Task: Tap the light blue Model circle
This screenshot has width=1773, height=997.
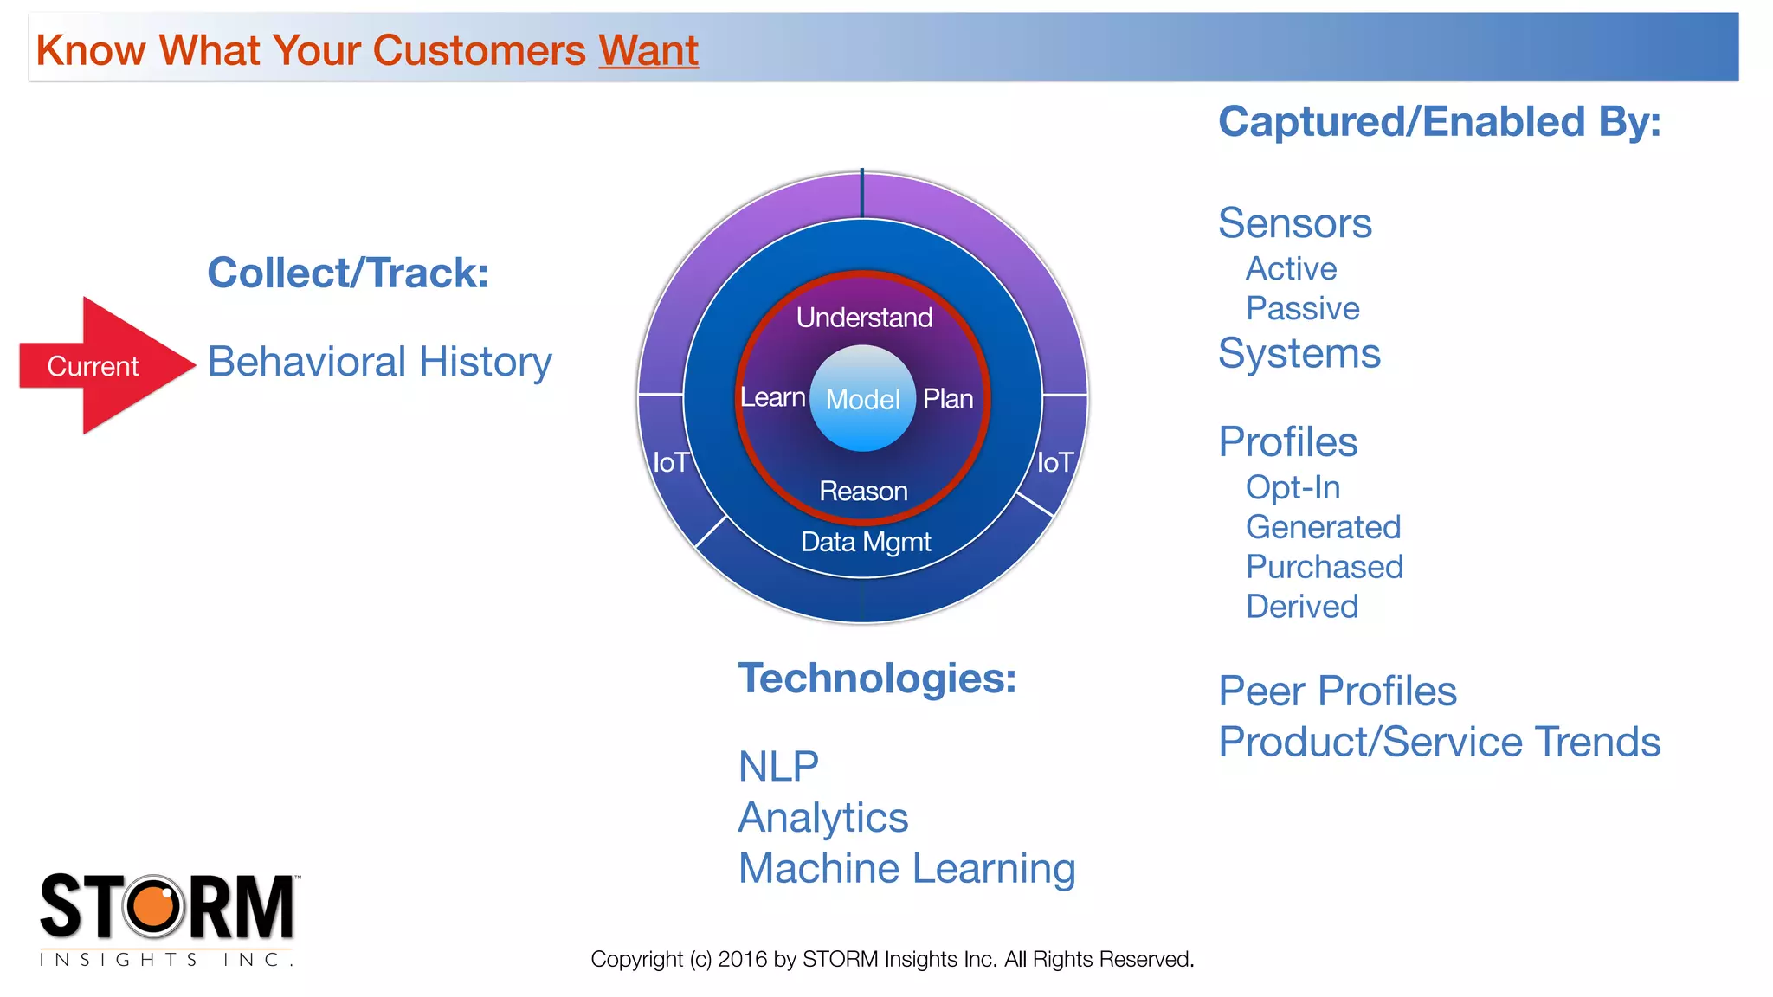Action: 862,399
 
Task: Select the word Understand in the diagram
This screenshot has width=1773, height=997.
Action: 864,318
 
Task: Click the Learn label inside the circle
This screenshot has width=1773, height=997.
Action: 772,397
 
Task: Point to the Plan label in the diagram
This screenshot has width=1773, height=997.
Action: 948,399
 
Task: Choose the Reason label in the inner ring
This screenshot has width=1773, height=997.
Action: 863,492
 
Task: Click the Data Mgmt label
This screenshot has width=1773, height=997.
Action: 866,542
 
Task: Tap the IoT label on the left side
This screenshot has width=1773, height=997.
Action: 670,463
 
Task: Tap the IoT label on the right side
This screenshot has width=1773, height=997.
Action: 1055,463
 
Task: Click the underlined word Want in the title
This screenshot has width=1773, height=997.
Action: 648,50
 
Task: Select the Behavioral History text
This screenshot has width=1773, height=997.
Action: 379,362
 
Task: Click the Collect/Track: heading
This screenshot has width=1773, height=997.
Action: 348,273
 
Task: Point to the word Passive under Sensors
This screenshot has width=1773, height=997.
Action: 1302,309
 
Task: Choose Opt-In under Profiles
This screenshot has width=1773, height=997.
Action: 1293,488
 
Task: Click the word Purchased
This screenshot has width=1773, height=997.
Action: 1325,567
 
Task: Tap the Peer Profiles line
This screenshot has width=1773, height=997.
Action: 1337,691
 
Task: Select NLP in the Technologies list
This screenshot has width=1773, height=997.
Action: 778,767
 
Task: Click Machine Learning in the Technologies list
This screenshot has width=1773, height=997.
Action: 906,869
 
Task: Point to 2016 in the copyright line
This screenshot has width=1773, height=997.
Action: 743,960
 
